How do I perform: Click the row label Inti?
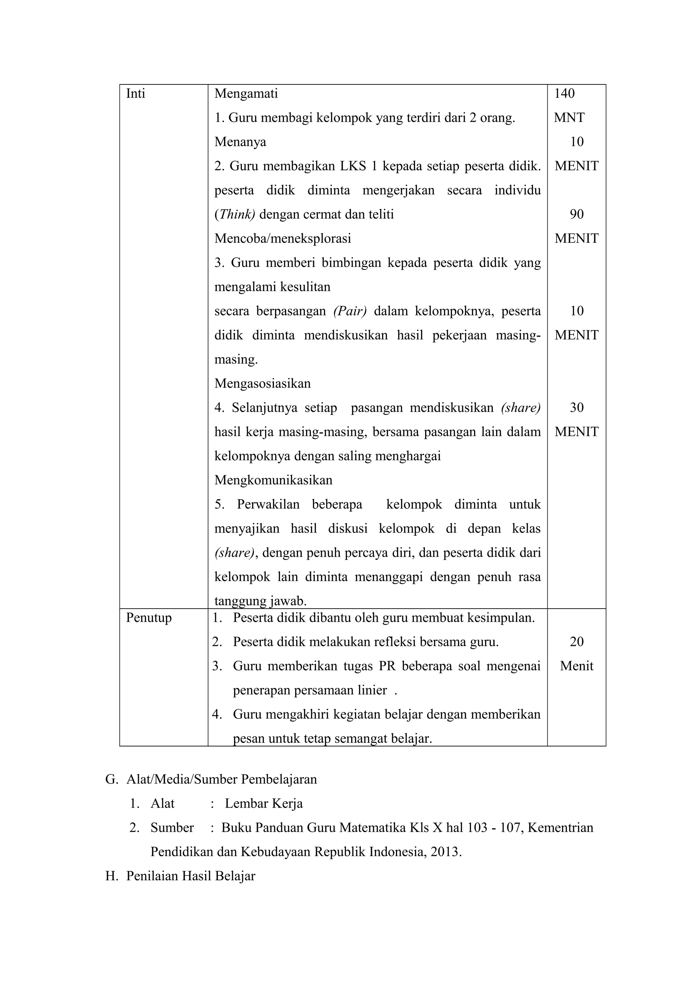[135, 94]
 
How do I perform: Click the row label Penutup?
[149, 618]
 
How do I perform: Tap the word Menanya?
[240, 142]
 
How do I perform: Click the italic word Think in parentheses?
[234, 214]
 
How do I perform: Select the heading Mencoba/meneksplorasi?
[283, 238]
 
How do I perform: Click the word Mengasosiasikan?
[263, 384]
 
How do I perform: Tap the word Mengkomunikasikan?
[273, 480]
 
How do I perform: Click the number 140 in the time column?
[564, 94]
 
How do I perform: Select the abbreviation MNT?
[569, 118]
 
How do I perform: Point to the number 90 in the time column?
[576, 214]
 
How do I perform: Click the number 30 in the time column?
[576, 408]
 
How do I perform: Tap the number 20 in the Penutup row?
[576, 642]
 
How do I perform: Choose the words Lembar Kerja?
[264, 804]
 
